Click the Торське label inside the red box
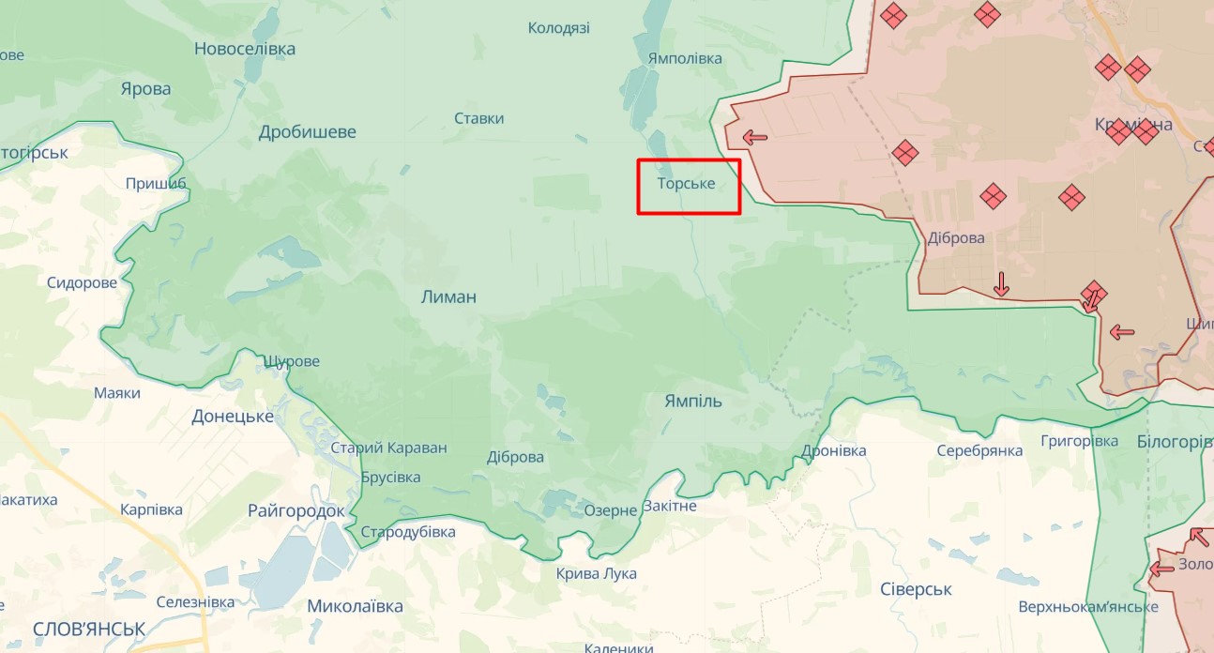click(x=686, y=184)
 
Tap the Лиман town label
click(x=448, y=297)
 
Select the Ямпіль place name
click(x=693, y=402)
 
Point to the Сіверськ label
click(x=916, y=589)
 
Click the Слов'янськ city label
click(x=88, y=629)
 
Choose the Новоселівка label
click(x=245, y=49)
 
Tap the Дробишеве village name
click(x=308, y=132)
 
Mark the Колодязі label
click(x=559, y=28)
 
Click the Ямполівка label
click(x=685, y=58)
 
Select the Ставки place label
click(x=478, y=118)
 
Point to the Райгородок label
click(x=296, y=511)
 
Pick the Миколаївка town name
click(x=356, y=606)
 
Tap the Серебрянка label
click(x=979, y=451)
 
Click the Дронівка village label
click(x=834, y=451)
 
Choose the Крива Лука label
click(x=596, y=574)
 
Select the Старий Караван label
click(x=388, y=448)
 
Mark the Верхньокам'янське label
click(x=1088, y=607)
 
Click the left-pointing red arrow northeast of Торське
click(x=754, y=138)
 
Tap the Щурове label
click(x=292, y=362)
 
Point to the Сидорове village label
click(x=83, y=283)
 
